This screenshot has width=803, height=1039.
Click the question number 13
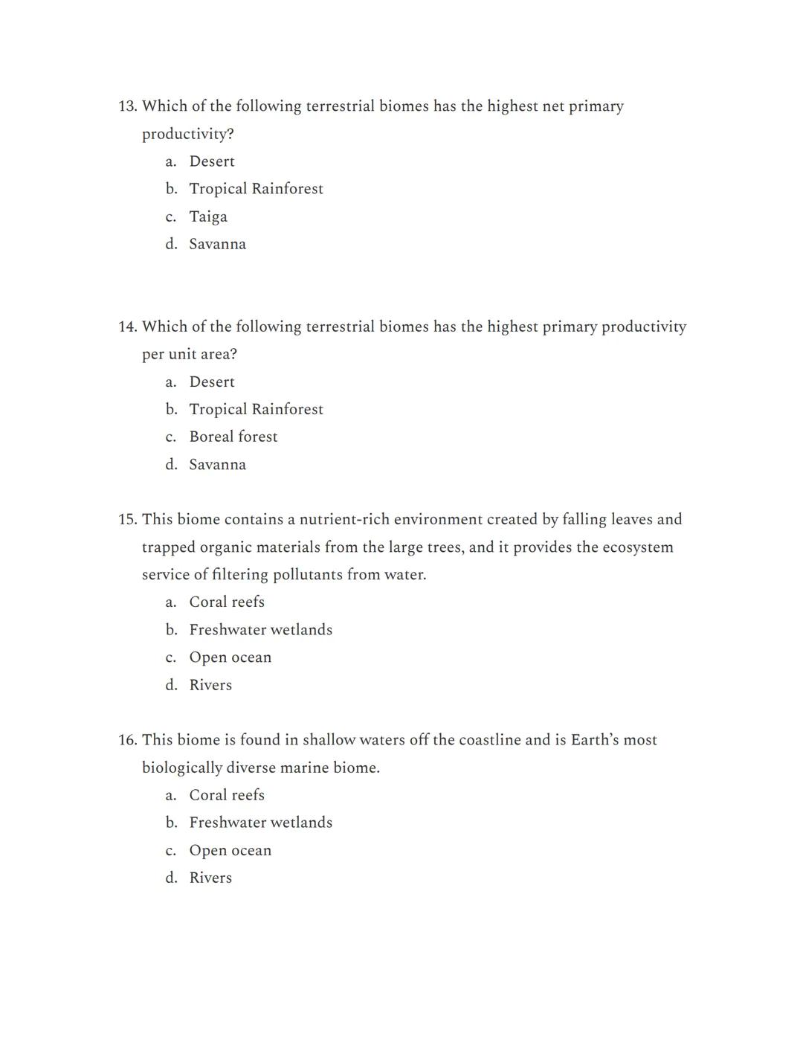pos(128,106)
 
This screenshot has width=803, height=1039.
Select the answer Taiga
pos(208,216)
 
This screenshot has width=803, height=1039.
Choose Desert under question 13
pos(212,161)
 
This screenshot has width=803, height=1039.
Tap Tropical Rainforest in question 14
pos(256,409)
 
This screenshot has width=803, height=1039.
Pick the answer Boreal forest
pos(233,437)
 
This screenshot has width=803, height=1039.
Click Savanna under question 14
pos(217,465)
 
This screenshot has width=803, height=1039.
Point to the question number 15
pos(128,519)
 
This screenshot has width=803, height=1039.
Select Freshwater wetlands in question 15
pos(260,630)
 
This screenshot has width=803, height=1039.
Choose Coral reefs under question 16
pos(227,795)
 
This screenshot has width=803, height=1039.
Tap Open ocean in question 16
pos(230,850)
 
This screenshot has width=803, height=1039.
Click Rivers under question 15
pos(210,685)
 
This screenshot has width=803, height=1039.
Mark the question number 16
pos(128,740)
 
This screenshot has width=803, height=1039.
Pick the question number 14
pos(128,327)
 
